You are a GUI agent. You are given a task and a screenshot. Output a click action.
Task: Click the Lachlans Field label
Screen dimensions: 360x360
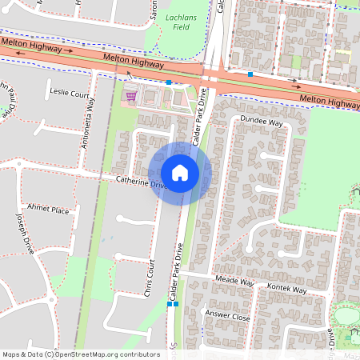[178, 21]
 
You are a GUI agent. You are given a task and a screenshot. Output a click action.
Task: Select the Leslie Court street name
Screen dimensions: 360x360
[69, 94]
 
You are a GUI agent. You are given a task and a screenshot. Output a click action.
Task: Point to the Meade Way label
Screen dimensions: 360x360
[234, 282]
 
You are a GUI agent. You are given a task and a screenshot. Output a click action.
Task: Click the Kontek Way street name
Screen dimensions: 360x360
[287, 290]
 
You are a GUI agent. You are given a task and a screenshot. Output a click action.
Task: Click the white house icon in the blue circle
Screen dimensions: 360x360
[180, 173]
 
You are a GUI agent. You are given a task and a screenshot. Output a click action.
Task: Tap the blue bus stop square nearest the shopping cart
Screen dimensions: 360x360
[169, 82]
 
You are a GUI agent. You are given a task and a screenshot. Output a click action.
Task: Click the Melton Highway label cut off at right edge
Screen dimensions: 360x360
[330, 101]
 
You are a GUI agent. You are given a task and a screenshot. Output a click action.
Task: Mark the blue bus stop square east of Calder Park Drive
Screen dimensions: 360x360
[250, 74]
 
